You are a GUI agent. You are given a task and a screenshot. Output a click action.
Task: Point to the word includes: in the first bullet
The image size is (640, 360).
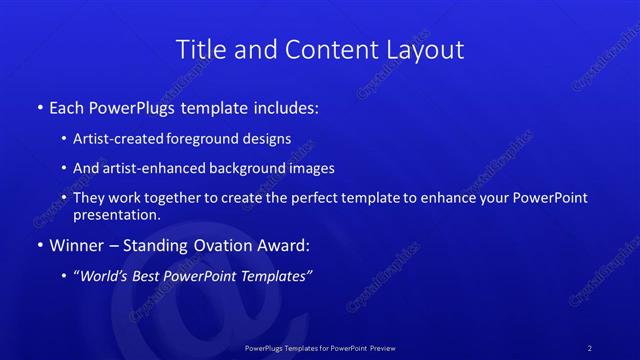pos(287,107)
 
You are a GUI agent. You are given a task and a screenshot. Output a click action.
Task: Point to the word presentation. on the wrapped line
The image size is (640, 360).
pos(117,215)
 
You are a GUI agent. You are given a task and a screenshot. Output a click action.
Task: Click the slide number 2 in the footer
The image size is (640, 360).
pos(589,348)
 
